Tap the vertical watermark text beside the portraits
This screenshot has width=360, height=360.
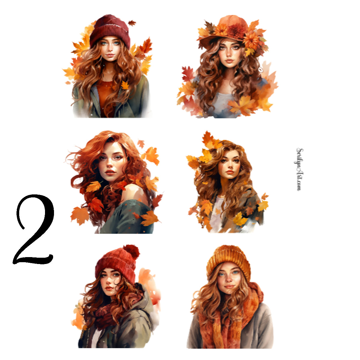[299, 169]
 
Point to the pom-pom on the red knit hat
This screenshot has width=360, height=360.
[131, 251]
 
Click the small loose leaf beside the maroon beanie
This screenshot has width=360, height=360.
[132, 23]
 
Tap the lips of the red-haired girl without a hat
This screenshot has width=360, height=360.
[110, 172]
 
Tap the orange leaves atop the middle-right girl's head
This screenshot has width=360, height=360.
[208, 141]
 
